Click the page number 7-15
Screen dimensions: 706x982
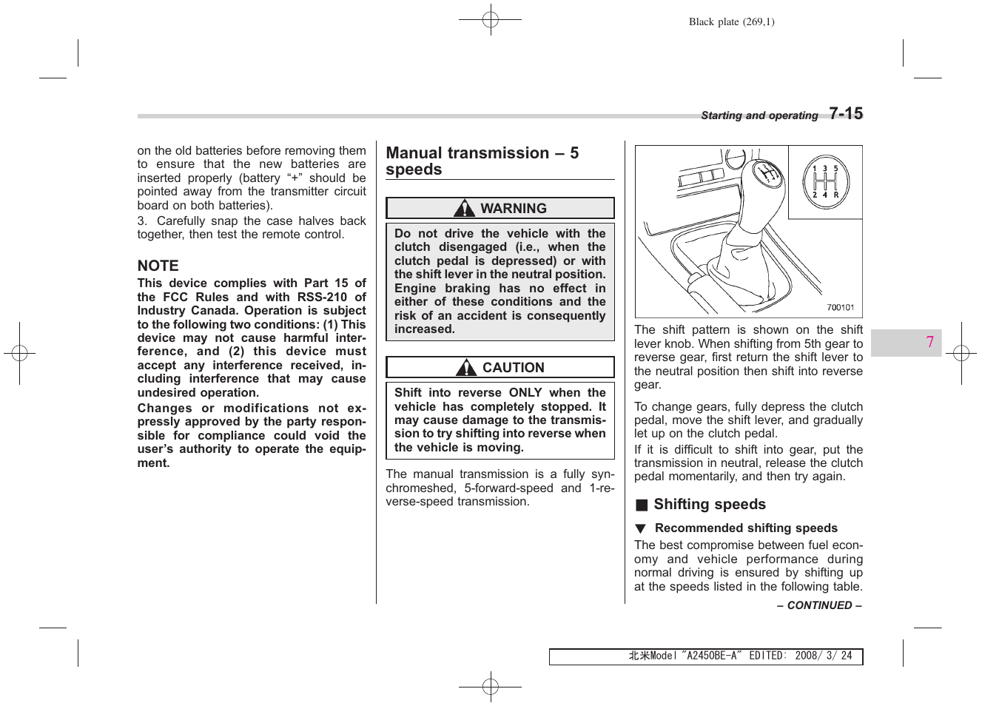click(x=846, y=113)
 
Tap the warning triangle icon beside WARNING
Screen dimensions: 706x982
click(x=464, y=208)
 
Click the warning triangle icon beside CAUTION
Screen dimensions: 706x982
click(x=466, y=367)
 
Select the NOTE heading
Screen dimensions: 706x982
click(x=158, y=266)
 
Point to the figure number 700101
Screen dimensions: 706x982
click(x=840, y=308)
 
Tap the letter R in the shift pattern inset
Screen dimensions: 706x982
click(x=836, y=195)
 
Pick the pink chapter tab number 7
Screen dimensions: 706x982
click(x=929, y=342)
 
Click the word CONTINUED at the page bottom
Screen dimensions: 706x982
click(x=819, y=605)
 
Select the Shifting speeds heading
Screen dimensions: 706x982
click(x=709, y=504)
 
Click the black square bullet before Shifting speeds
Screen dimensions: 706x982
click(x=642, y=505)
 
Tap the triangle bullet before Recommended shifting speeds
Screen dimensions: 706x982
click(x=640, y=528)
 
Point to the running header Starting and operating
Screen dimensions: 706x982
click(x=759, y=115)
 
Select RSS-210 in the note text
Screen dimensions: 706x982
click(x=322, y=297)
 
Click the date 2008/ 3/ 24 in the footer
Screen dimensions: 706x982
click(x=823, y=656)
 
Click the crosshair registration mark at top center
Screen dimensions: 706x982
click(x=491, y=20)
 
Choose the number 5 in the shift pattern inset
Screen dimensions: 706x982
click(x=836, y=169)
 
